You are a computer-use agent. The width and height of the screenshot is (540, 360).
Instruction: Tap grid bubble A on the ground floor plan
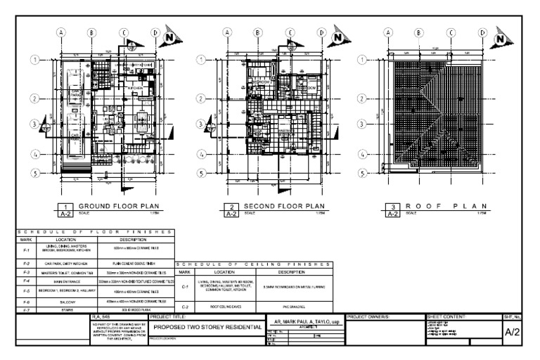pos(61,32)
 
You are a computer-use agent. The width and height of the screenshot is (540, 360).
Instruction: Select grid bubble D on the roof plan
pos(483,32)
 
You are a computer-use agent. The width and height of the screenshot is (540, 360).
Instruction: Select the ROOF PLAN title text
pos(443,206)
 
